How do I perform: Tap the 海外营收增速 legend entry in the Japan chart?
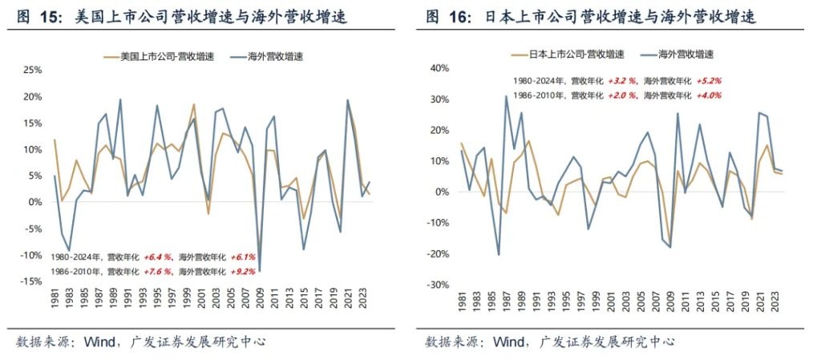pyautogui.click(x=686, y=55)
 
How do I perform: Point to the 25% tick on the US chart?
pyautogui.click(x=31, y=70)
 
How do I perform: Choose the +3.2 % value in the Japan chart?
pyautogui.click(x=622, y=81)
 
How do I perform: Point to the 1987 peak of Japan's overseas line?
pyautogui.click(x=507, y=96)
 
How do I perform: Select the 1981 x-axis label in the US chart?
pyautogui.click(x=55, y=304)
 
